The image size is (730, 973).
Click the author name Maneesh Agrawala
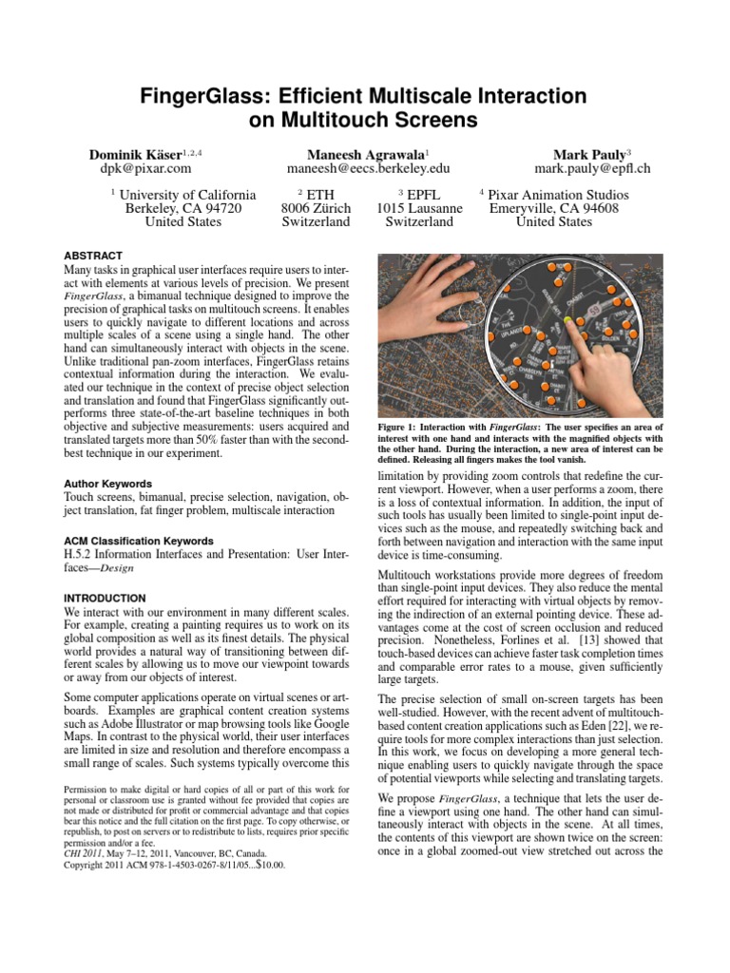[365, 153]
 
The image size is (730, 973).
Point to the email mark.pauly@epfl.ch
[592, 169]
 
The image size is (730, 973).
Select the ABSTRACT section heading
[92, 257]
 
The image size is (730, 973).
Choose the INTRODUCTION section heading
[105, 598]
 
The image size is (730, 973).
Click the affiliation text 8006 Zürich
[317, 208]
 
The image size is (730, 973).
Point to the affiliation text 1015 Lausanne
[419, 208]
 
